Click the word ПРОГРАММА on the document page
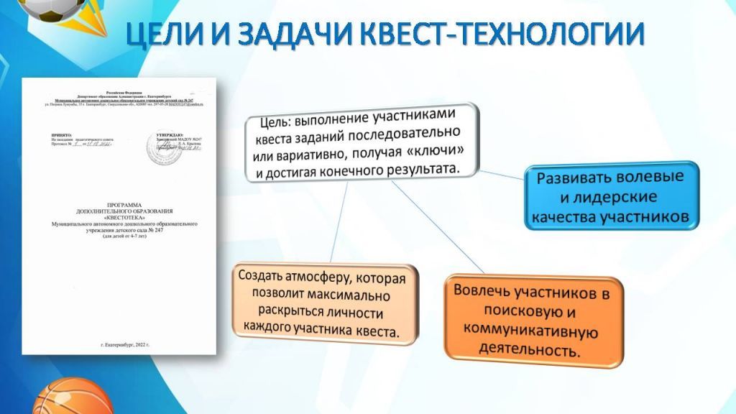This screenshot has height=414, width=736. [121, 204]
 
